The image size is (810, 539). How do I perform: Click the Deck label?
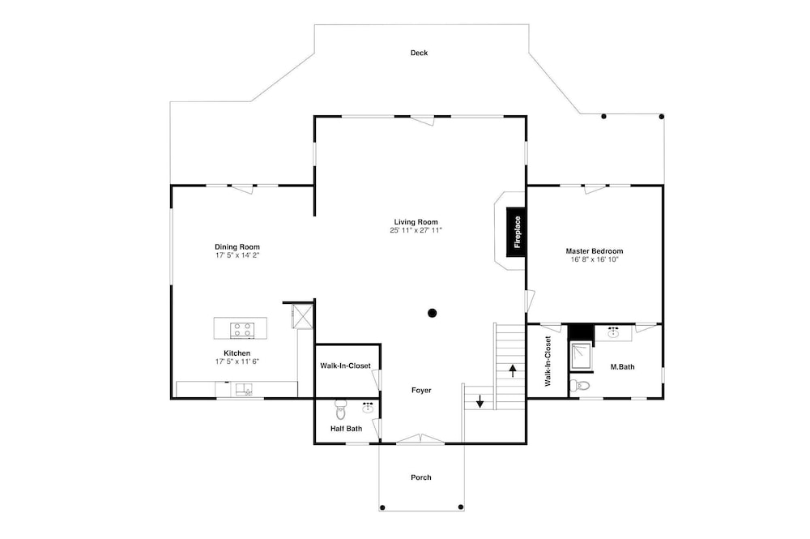[419, 53]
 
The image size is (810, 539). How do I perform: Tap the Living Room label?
[416, 222]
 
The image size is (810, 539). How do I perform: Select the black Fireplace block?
[517, 232]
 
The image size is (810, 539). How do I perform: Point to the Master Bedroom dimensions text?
[594, 259]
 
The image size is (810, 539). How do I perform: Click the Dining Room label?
[237, 247]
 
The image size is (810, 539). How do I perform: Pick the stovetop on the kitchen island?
[241, 330]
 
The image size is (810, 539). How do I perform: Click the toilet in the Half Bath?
[340, 410]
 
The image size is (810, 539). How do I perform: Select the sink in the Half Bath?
[369, 409]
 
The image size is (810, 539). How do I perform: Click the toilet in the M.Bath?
[580, 385]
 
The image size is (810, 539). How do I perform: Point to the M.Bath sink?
[614, 332]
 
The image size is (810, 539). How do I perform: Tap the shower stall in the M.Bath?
[582, 356]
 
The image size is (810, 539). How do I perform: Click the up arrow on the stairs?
[513, 371]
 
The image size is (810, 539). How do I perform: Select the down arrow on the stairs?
[480, 401]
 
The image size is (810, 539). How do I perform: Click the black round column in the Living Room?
[433, 313]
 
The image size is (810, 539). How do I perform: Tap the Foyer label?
[421, 391]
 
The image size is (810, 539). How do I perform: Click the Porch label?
[421, 477]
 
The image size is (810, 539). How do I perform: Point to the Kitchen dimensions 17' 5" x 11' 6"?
[237, 361]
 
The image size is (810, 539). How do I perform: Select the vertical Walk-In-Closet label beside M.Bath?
[548, 361]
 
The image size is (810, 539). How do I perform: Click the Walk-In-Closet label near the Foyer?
[346, 366]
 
